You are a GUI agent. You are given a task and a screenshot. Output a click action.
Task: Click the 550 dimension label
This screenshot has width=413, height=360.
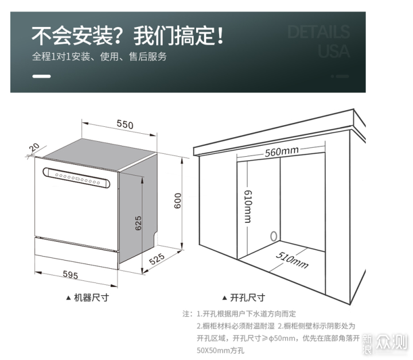click(x=125, y=124)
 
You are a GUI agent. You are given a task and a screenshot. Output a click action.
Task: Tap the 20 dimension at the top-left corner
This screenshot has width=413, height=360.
click(x=34, y=148)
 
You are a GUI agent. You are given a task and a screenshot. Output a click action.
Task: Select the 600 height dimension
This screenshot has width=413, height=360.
click(x=178, y=201)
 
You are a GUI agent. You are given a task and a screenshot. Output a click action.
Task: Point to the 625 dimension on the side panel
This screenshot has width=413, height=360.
click(x=138, y=223)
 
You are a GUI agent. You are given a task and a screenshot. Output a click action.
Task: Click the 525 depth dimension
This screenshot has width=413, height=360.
click(x=157, y=259)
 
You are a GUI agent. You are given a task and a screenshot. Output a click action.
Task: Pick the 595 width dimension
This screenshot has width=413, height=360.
click(x=71, y=275)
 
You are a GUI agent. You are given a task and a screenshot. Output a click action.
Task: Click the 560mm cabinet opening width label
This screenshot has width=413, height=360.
click(x=282, y=152)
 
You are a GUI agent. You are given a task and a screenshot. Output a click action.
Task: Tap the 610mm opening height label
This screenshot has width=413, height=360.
click(x=248, y=207)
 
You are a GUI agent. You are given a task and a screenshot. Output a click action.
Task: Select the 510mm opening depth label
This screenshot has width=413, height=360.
click(x=292, y=260)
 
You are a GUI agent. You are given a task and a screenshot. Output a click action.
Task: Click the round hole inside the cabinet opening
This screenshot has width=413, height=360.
click(x=274, y=237)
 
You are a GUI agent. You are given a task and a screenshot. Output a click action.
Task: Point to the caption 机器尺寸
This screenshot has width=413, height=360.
click(x=91, y=297)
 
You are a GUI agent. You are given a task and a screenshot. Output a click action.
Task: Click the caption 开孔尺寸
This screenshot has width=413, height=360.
click(x=247, y=297)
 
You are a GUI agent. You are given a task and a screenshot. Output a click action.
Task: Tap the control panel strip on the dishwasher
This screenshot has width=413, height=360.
click(x=76, y=178)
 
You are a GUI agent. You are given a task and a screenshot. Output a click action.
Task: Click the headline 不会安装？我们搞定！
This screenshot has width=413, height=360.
click(x=128, y=36)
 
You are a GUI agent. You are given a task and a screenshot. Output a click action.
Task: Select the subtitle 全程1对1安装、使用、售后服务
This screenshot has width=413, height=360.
click(x=99, y=56)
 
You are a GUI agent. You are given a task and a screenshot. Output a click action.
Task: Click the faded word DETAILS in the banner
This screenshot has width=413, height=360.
click(x=318, y=32)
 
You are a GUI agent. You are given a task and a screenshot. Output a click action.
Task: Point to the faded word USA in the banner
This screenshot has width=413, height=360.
click(x=334, y=51)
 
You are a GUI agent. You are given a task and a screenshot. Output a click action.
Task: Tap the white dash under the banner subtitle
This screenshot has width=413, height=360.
click(x=41, y=76)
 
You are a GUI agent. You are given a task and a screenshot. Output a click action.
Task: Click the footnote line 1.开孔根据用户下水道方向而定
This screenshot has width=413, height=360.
click(x=246, y=314)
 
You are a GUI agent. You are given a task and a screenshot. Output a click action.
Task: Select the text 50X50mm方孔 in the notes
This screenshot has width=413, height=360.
click(x=220, y=350)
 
